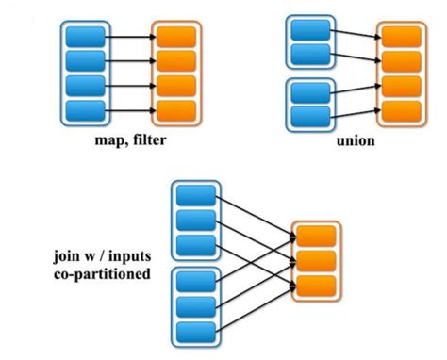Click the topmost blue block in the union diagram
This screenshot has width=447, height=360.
pos(310,28)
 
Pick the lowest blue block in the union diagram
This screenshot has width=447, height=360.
pos(310,117)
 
